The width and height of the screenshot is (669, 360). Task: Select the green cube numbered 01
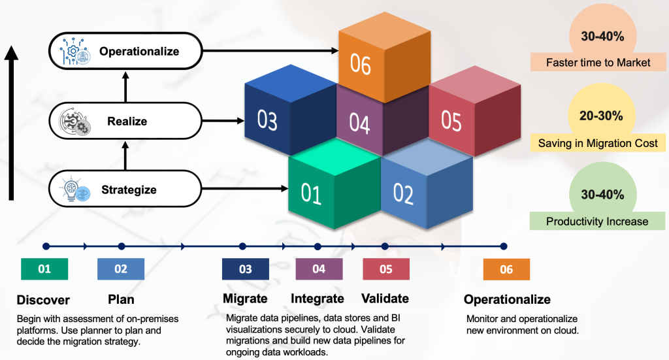point(313,191)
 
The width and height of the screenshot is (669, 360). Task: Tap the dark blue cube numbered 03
point(269,121)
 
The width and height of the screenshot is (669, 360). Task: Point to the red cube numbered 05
point(451,122)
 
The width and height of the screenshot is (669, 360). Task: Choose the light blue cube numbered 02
point(405,193)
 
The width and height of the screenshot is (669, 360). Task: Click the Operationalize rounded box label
point(139,51)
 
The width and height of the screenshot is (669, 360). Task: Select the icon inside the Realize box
point(74,122)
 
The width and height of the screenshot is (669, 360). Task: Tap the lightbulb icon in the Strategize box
point(73,190)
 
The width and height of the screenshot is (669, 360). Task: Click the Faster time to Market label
point(597,63)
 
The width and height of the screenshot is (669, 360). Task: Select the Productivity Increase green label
point(597,221)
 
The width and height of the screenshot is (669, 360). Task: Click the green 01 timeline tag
point(44,269)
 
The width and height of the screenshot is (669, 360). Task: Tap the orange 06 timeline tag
point(506,269)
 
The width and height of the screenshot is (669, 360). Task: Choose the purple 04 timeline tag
point(319,269)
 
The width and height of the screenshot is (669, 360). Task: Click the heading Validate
point(385,299)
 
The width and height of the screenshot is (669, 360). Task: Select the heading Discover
point(43,300)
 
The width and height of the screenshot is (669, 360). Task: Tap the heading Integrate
point(318,299)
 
